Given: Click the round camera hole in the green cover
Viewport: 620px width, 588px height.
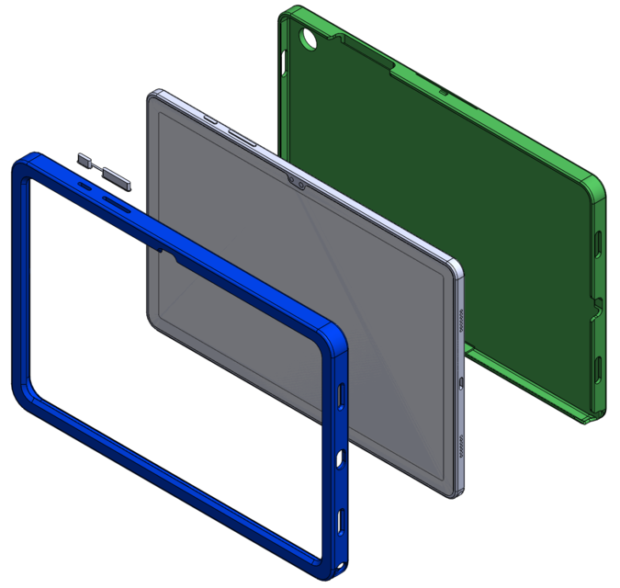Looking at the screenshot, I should [x=308, y=39].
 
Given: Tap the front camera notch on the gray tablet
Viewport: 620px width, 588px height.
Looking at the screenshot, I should [x=298, y=180].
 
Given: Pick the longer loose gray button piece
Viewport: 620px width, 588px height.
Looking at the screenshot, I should [x=118, y=175].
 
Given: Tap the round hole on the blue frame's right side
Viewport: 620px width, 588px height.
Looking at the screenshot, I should [x=341, y=457].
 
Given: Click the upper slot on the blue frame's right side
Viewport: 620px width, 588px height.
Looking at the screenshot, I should [x=343, y=395].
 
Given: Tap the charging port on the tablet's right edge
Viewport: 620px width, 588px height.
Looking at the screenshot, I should [x=458, y=381].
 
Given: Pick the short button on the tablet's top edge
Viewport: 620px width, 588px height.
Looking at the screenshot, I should [x=209, y=119].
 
